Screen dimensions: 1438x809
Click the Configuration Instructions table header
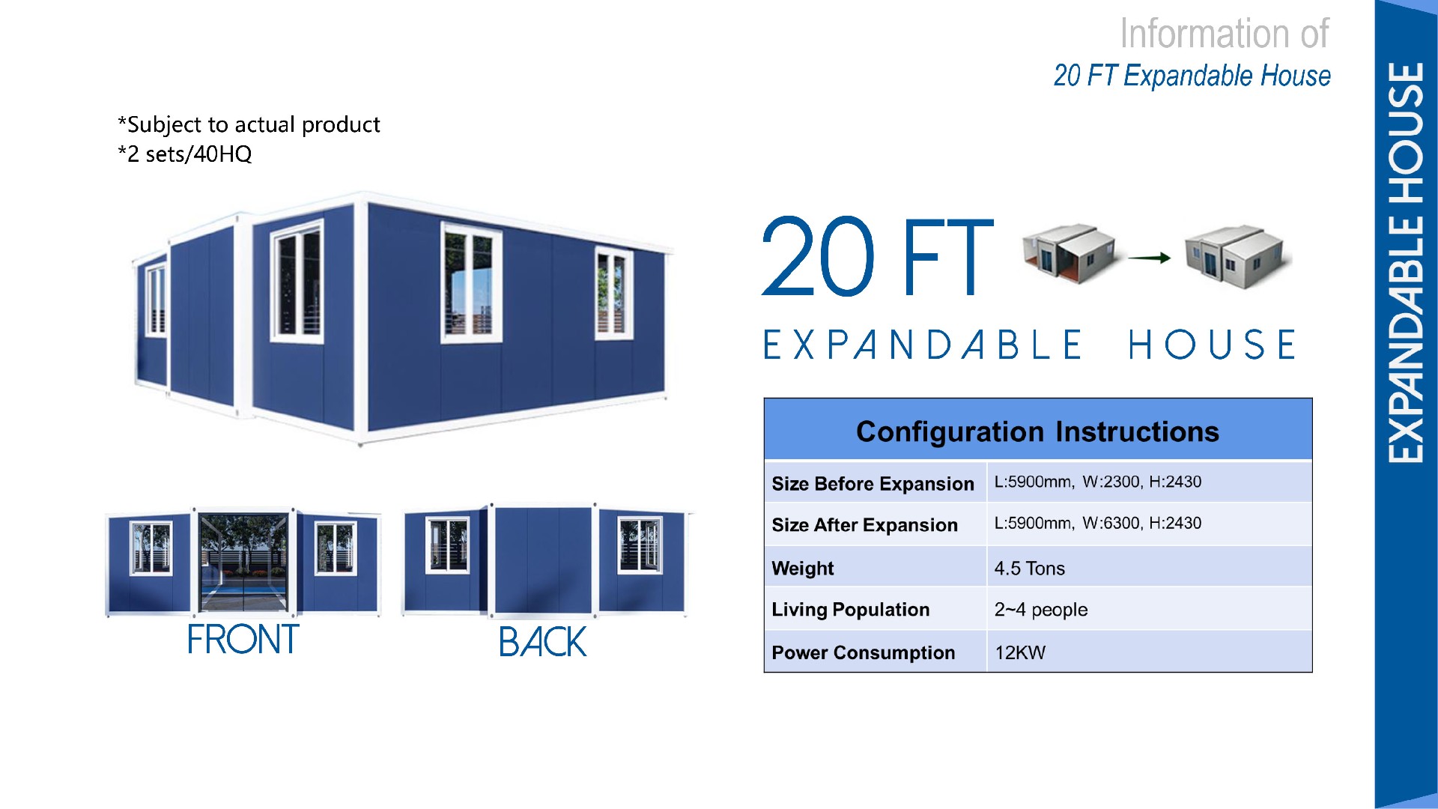click(x=1037, y=431)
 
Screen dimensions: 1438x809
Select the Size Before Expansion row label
click(x=873, y=484)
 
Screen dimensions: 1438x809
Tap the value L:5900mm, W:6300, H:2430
click(x=1097, y=523)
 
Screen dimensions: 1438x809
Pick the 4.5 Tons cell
click(x=1029, y=569)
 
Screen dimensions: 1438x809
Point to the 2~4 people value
click(x=1040, y=610)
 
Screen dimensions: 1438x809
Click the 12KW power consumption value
click(x=1019, y=652)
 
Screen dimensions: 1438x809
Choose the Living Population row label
click(x=850, y=610)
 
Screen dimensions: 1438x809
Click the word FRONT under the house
click(x=243, y=640)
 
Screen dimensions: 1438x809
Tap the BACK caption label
click(x=542, y=642)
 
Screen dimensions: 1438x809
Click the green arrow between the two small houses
click(x=1149, y=258)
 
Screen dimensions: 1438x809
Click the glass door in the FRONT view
click(x=243, y=563)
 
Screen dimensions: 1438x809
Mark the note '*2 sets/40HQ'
click(x=184, y=154)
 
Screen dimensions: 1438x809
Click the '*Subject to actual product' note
click(x=249, y=124)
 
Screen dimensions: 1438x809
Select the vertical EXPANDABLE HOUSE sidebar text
click(x=1406, y=262)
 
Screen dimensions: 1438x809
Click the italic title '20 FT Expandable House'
click(x=1192, y=76)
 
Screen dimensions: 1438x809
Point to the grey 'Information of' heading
click(x=1224, y=34)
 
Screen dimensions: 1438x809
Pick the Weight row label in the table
click(x=802, y=569)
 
